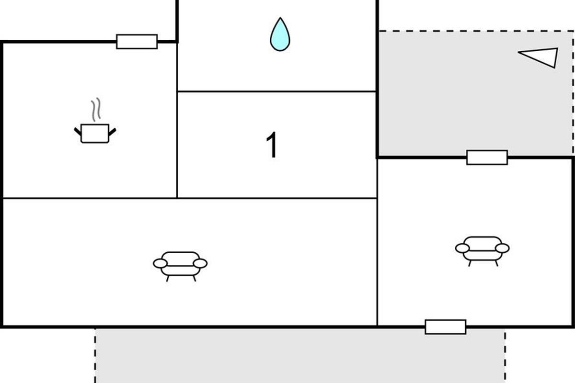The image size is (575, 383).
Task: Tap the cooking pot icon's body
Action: (x=95, y=133)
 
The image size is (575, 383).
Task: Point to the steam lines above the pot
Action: (x=96, y=109)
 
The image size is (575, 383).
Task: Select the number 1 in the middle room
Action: (x=272, y=145)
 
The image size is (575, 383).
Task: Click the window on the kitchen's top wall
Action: (x=137, y=42)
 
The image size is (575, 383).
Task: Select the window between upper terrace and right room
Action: (x=487, y=157)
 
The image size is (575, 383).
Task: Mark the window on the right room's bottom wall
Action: (x=445, y=327)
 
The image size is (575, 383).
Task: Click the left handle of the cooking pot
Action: (x=77, y=131)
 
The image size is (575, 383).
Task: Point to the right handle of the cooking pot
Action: (x=113, y=131)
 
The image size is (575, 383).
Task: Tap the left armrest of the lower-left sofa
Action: (x=160, y=263)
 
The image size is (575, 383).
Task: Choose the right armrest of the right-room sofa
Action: (x=502, y=248)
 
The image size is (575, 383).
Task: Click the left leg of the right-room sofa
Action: (x=469, y=263)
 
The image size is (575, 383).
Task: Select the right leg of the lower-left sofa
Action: (x=195, y=278)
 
